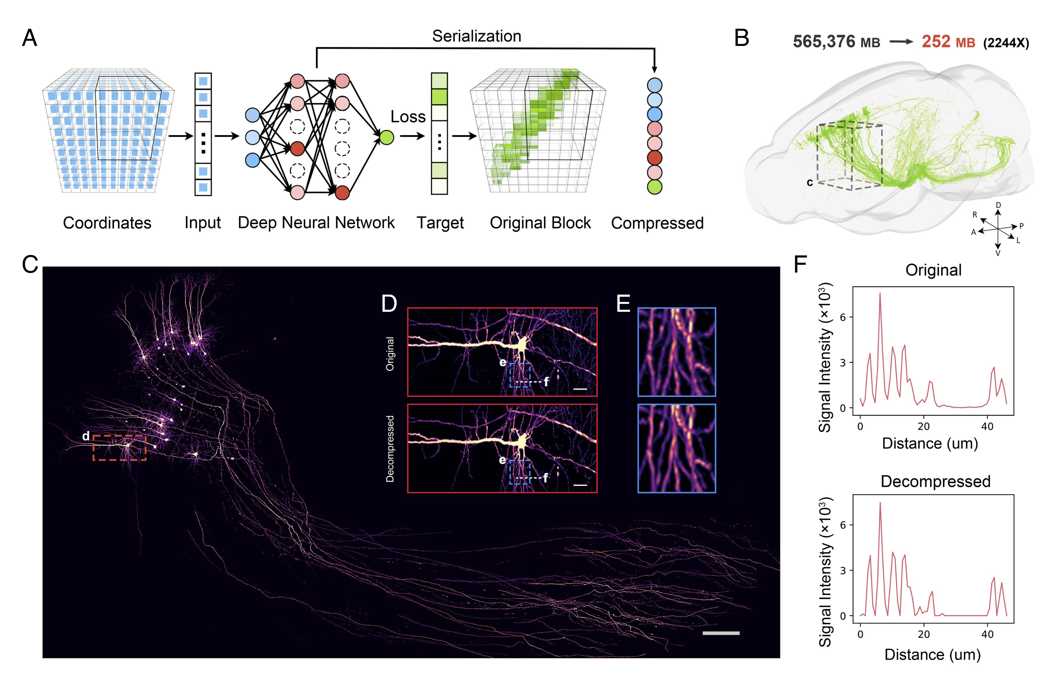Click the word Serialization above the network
(x=476, y=36)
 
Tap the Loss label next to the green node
(x=408, y=116)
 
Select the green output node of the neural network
(x=386, y=137)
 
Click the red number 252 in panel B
(x=936, y=42)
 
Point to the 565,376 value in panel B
(x=824, y=42)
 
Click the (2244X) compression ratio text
(x=1005, y=43)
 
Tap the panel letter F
(x=800, y=264)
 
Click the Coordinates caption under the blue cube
(x=107, y=222)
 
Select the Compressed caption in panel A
(x=657, y=223)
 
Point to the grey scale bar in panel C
(x=721, y=633)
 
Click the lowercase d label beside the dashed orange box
(x=86, y=436)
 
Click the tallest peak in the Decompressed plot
(x=879, y=503)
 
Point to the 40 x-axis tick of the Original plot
(x=987, y=426)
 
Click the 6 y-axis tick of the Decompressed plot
(x=843, y=525)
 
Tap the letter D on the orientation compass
(x=998, y=205)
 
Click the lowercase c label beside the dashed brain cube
(x=809, y=182)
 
